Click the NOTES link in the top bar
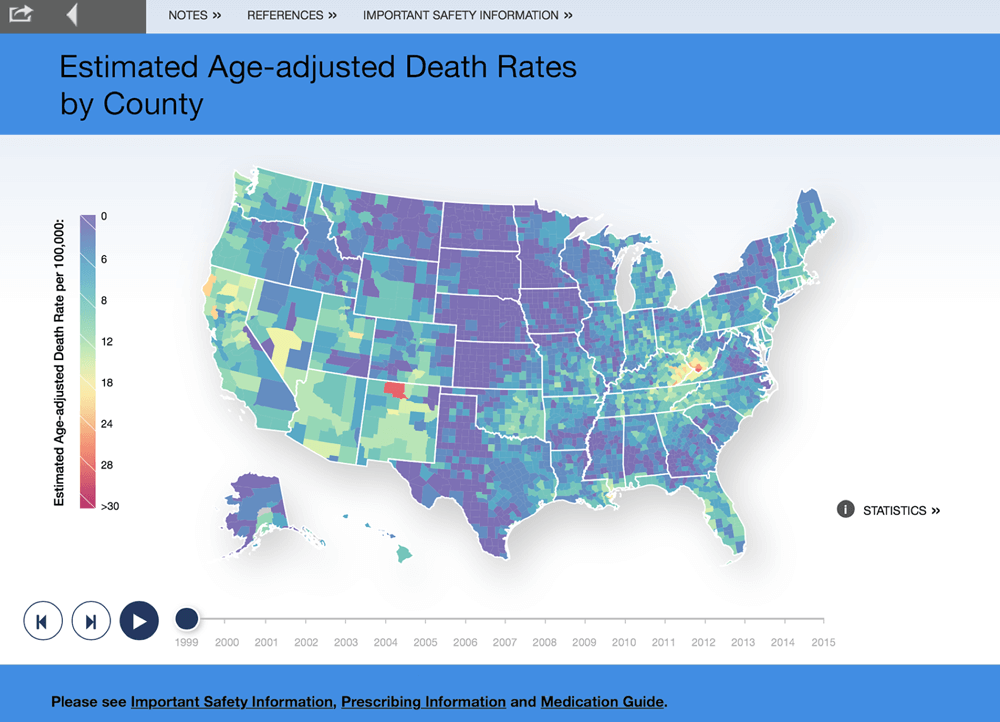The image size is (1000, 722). tap(194, 15)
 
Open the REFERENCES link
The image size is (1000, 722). tap(291, 15)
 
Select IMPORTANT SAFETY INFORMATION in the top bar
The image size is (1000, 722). tap(468, 15)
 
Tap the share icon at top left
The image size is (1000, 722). tap(20, 14)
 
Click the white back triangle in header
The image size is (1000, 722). tap(71, 15)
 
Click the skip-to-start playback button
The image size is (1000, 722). tap(43, 621)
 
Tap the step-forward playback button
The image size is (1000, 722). tap(91, 621)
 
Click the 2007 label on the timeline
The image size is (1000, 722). tap(505, 643)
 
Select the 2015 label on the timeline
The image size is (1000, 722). tap(823, 643)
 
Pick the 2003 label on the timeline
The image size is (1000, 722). tap(346, 643)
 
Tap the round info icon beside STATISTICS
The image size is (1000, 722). tap(845, 510)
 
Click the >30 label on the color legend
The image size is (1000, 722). tap(109, 506)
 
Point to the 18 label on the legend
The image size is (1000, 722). tap(107, 383)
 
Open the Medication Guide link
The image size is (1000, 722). tap(602, 702)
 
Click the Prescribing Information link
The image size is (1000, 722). tap(423, 702)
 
